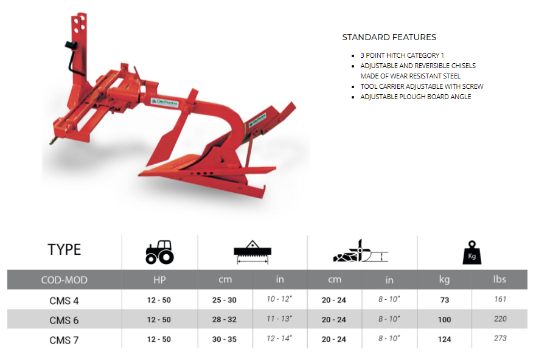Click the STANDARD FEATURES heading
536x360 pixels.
(x=389, y=37)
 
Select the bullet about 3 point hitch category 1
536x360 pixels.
(x=402, y=55)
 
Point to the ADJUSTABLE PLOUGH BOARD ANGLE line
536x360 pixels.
(x=416, y=97)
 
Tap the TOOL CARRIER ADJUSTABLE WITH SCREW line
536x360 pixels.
(x=422, y=86)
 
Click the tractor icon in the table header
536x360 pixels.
(x=159, y=252)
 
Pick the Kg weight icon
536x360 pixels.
(x=472, y=252)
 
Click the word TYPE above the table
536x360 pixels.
(x=64, y=250)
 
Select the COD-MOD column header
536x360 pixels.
(x=64, y=280)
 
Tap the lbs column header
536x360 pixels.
(x=499, y=279)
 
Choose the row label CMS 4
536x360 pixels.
(x=64, y=300)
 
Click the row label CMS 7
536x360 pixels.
(x=64, y=340)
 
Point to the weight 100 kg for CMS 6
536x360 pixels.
(x=444, y=320)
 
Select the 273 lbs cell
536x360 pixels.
(x=500, y=338)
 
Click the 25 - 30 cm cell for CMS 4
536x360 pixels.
(x=224, y=300)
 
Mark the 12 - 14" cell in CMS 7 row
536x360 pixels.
(x=279, y=338)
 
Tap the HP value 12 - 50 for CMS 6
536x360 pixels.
(x=159, y=320)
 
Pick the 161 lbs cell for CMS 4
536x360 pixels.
(x=500, y=299)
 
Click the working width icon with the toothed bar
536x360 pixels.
(x=252, y=252)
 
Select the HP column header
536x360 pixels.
(x=159, y=280)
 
